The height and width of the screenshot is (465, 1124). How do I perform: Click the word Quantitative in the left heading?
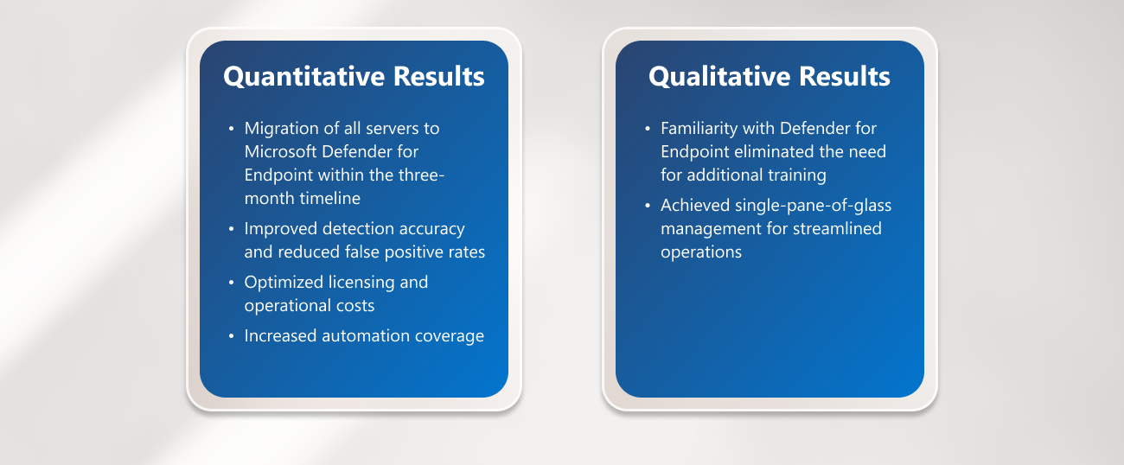tap(304, 77)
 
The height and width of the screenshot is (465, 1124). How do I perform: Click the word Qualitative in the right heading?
tap(718, 77)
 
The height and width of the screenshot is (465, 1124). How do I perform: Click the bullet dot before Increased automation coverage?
tap(232, 336)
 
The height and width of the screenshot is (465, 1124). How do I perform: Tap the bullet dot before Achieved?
tap(648, 206)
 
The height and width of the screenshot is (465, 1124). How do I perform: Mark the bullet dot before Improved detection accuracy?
tap(232, 229)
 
